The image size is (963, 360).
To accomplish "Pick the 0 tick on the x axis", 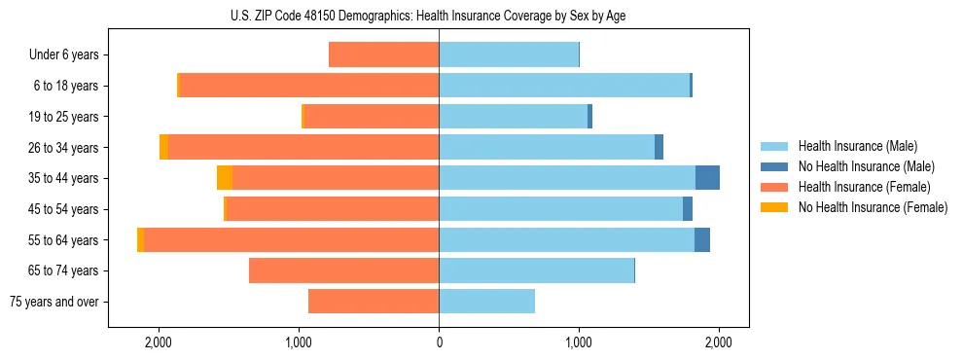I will point(439,343).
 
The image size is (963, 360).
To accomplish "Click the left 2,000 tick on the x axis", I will point(159,343).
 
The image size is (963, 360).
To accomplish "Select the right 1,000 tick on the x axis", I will point(579,343).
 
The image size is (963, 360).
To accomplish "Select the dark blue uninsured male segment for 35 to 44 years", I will point(707,178).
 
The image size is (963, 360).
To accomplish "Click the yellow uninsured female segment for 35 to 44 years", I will point(225,178).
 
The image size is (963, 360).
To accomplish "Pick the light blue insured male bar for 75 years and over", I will point(486,302).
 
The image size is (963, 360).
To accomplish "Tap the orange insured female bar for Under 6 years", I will point(384,55).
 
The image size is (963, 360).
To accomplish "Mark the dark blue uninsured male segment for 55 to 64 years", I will point(701,240).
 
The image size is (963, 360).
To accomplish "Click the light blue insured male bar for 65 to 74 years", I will point(536,270).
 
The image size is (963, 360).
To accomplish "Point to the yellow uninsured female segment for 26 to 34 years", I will point(163,148).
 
